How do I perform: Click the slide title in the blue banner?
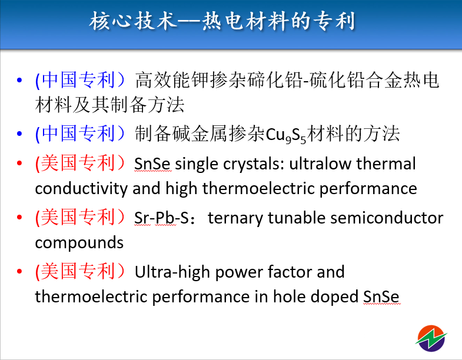coord(222,21)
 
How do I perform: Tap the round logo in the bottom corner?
coord(431,338)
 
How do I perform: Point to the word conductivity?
coord(81,189)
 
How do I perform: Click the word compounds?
coord(79,243)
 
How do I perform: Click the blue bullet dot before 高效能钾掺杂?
coord(19,80)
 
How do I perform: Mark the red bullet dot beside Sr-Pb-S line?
coord(19,218)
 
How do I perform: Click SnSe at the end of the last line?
coord(381,296)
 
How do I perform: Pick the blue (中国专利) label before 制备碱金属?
coord(80,134)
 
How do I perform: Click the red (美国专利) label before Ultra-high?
coord(80,271)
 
